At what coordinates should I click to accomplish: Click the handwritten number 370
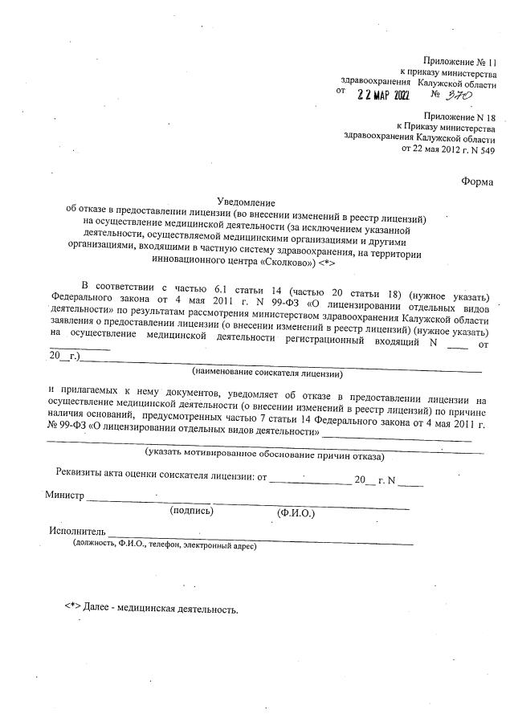(459, 95)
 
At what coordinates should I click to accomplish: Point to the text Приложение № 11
(461, 62)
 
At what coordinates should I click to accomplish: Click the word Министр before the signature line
(64, 496)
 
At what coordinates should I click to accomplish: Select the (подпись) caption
(190, 511)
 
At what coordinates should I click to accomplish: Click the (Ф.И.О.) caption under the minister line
(296, 512)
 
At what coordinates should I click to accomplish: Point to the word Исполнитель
(77, 532)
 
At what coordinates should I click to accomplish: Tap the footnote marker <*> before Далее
(72, 609)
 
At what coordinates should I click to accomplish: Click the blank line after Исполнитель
(257, 535)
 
